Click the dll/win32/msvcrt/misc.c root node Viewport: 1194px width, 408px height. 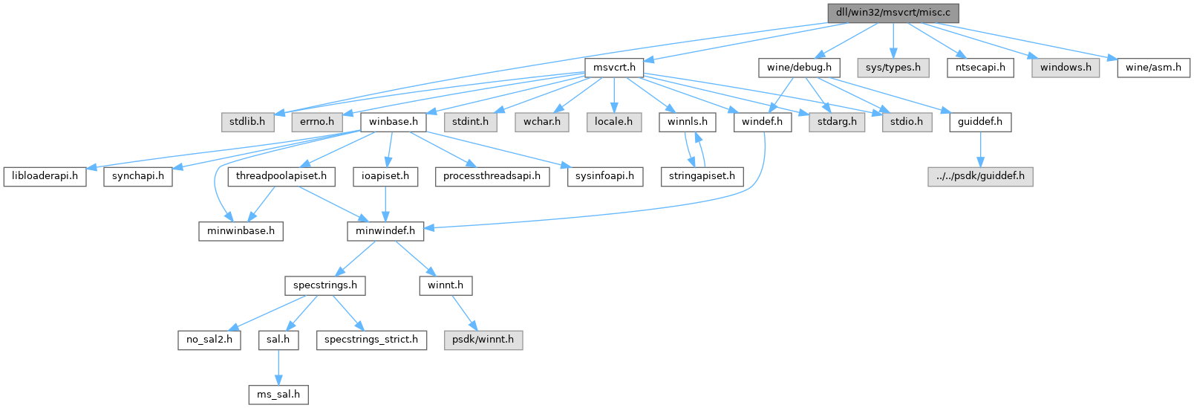(x=893, y=13)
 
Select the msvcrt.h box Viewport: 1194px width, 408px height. (x=614, y=67)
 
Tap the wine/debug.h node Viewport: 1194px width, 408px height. (x=799, y=67)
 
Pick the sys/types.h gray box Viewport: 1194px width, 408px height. (x=893, y=67)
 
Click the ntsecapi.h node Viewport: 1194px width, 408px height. (x=981, y=67)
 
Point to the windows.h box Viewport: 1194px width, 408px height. (x=1066, y=67)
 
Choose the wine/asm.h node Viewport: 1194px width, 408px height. (x=1153, y=67)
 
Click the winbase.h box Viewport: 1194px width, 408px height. (x=393, y=121)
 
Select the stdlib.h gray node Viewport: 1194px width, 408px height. (x=247, y=121)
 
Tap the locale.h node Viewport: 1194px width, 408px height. (x=613, y=121)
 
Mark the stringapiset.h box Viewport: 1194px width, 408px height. (x=702, y=176)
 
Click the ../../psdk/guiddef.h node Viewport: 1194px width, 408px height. (x=980, y=176)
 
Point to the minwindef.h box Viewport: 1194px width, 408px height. (x=385, y=230)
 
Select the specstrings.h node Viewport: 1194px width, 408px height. (x=325, y=285)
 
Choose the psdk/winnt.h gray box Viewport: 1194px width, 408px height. (x=483, y=340)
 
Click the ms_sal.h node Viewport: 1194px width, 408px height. (x=278, y=394)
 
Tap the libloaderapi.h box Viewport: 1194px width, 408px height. (x=45, y=176)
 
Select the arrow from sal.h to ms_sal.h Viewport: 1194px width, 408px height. (x=278, y=366)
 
